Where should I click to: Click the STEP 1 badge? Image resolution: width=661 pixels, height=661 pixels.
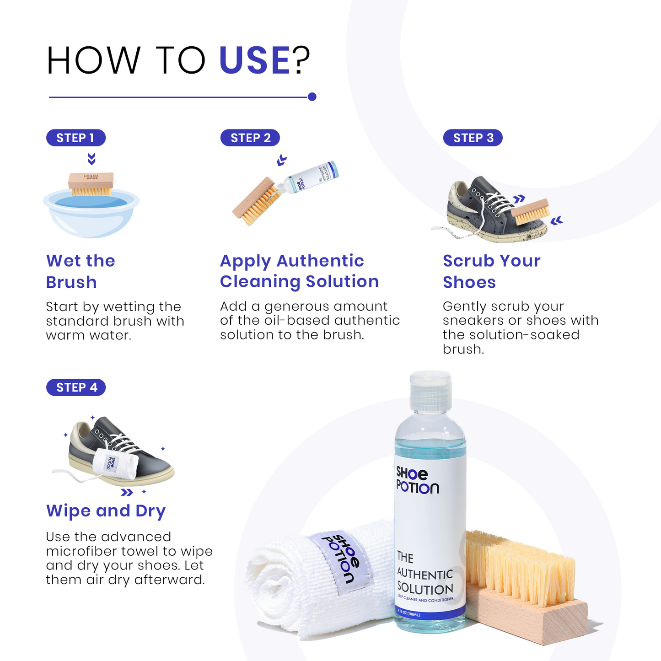[75, 138]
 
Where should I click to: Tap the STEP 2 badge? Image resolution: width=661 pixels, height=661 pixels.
[250, 138]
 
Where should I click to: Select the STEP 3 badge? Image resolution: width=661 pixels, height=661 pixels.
[473, 138]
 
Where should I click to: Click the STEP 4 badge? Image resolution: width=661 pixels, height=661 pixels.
[76, 387]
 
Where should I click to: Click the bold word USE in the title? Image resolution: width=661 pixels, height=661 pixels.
[254, 60]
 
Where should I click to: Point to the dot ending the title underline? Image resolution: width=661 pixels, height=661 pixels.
[312, 97]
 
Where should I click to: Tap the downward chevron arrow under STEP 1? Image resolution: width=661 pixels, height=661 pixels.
[91, 159]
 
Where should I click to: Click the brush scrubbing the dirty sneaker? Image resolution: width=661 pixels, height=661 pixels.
[531, 211]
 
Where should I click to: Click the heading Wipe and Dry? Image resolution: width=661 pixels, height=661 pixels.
[106, 511]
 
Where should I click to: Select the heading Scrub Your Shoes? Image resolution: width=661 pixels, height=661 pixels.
[491, 271]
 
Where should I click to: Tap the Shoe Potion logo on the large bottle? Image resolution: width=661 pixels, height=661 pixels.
[417, 480]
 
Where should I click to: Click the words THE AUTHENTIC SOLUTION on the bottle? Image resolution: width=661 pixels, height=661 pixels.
[425, 574]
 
